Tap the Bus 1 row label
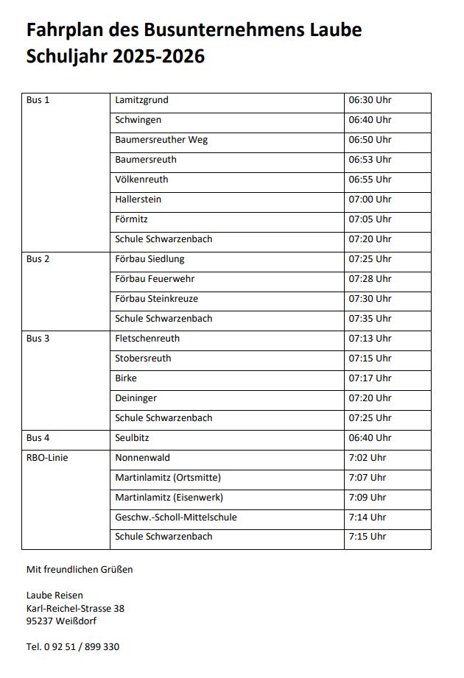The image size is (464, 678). (38, 100)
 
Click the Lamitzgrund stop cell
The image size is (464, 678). (142, 100)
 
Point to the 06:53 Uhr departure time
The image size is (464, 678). (370, 160)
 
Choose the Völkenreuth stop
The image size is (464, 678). (141, 180)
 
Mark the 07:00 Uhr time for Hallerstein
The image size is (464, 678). (370, 199)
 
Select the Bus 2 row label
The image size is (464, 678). (38, 259)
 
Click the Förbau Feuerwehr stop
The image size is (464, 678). (155, 279)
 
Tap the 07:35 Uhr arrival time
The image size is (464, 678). (370, 319)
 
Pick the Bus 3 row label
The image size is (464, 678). (38, 339)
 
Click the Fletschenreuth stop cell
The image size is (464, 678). (147, 339)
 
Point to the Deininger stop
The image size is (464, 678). (136, 398)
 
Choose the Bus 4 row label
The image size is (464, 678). (38, 438)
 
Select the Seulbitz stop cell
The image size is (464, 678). (133, 438)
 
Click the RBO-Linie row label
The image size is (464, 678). (47, 458)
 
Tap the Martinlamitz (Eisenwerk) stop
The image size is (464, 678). (169, 498)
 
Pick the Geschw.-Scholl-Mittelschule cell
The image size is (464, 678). (176, 518)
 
